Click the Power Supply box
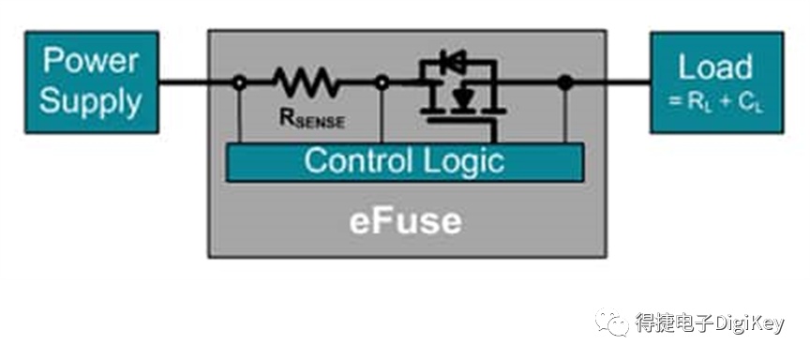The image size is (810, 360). coord(92,82)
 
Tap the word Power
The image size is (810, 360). coord(91,61)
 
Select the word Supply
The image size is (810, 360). coord(91,100)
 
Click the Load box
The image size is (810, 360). coord(717,82)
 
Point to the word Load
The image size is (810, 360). coord(715,67)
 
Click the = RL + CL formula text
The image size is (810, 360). coord(715,102)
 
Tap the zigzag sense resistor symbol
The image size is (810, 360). coord(307,82)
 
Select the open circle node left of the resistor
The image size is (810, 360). coord(239,82)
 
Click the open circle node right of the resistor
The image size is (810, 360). coord(382,82)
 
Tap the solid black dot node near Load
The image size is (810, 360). coord(565,82)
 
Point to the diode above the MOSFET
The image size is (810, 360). coord(453,62)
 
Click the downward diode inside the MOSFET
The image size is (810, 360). coord(463,97)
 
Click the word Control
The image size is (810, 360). coord(357,161)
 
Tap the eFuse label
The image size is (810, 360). coord(406,221)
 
